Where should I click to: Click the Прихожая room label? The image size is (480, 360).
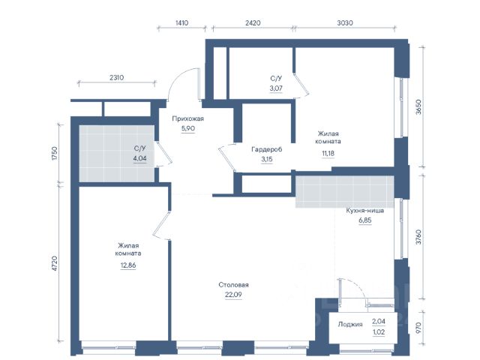pyautogui.click(x=188, y=118)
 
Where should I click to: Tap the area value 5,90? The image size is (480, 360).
pyautogui.click(x=188, y=128)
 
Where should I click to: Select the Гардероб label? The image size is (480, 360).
pyautogui.click(x=267, y=150)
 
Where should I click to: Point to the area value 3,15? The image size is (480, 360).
pyautogui.click(x=267, y=160)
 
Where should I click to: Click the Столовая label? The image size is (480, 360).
pyautogui.click(x=233, y=285)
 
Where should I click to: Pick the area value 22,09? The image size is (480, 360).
pyautogui.click(x=233, y=295)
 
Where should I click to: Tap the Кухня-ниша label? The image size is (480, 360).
pyautogui.click(x=365, y=211)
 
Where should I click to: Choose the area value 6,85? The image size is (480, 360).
pyautogui.click(x=365, y=220)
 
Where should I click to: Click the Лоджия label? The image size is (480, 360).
pyautogui.click(x=350, y=325)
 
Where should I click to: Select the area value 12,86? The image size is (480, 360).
pyautogui.click(x=128, y=265)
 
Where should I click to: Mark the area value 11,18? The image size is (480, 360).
pyautogui.click(x=328, y=153)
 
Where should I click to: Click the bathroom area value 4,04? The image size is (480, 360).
pyautogui.click(x=140, y=158)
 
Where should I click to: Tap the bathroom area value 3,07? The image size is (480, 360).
pyautogui.click(x=276, y=88)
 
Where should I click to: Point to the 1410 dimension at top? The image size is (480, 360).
pyautogui.click(x=181, y=23)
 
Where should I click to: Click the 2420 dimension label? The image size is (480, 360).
pyautogui.click(x=253, y=23)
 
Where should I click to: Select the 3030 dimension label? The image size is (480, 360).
pyautogui.click(x=345, y=23)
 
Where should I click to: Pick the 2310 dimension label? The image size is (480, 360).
pyautogui.click(x=117, y=78)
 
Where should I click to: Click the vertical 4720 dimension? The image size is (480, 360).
pyautogui.click(x=55, y=263)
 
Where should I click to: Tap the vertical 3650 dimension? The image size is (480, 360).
pyautogui.click(x=418, y=106)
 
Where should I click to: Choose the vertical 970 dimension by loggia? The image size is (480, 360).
pyautogui.click(x=418, y=328)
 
